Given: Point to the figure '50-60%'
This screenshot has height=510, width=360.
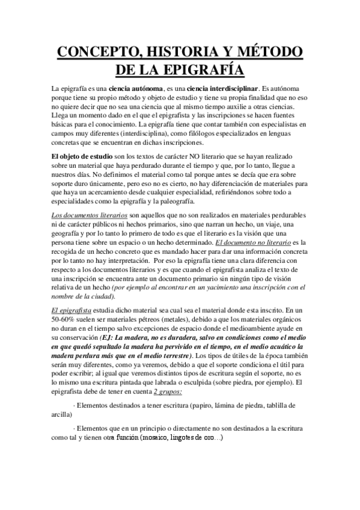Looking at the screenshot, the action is (66, 319).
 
